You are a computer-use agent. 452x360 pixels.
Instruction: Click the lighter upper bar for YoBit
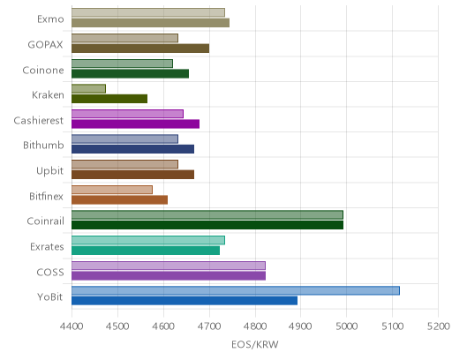pos(236,290)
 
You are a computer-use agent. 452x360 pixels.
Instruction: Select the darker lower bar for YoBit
pos(185,301)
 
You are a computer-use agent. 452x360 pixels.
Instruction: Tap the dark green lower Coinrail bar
pos(207,225)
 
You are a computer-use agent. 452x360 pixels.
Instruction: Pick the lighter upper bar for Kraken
pos(88,88)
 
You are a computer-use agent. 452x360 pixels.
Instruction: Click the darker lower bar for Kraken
pos(109,99)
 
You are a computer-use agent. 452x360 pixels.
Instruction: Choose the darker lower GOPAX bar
pos(140,49)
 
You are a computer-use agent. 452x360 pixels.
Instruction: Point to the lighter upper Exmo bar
pos(148,12)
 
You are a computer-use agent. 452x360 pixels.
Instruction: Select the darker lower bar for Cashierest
pos(135,124)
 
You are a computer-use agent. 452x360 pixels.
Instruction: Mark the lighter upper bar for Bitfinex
pos(112,190)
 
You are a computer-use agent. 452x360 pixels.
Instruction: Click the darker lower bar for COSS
pos(169,275)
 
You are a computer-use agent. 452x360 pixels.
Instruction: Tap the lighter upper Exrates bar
pos(148,240)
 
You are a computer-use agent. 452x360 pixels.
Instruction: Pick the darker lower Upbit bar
pos(132,175)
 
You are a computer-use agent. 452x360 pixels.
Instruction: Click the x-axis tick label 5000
pos(347,326)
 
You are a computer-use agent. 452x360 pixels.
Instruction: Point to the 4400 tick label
pos(72,326)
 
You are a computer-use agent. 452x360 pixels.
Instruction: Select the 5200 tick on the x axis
pos(439,326)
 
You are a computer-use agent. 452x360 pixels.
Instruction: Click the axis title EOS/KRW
pos(255,344)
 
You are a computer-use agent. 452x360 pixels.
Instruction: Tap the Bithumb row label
pos(43,146)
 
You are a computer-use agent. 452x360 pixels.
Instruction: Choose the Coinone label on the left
pos(43,71)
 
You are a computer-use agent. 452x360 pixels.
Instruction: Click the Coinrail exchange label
pos(45,221)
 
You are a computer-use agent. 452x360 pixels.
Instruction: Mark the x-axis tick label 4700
pos(209,326)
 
